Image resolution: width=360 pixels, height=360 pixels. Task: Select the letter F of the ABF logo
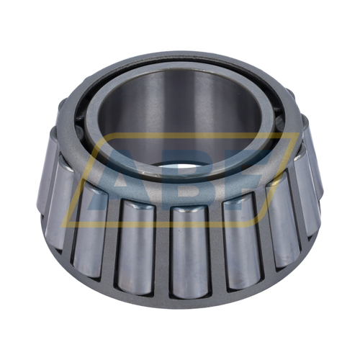tap(243, 178)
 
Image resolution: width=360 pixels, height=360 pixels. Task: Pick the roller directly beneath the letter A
tap(136, 247)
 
